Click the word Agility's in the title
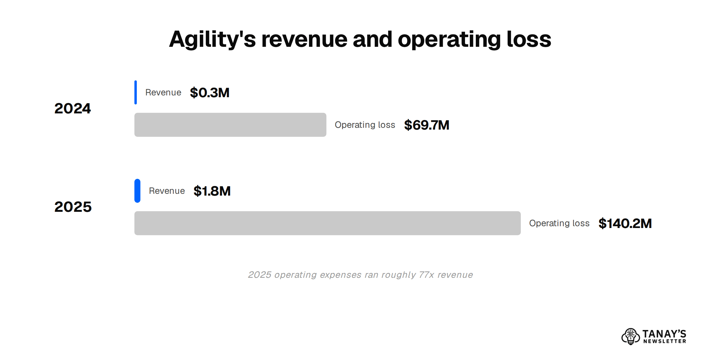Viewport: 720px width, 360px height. coord(212,39)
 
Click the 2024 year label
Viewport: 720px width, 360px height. coord(73,108)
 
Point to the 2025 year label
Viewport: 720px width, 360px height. coord(73,207)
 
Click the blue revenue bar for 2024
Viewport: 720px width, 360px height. coord(136,92)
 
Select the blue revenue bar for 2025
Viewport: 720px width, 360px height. coord(137,191)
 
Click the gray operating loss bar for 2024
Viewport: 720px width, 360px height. coord(230,125)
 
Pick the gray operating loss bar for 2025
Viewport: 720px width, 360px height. coord(328,223)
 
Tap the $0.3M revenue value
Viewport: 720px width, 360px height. coord(210,92)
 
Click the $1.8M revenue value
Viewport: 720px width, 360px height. coord(212,191)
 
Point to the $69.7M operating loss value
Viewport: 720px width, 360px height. coord(427,125)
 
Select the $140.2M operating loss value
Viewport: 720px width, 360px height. coord(625,223)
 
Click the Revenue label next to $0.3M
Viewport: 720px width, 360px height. coord(163,92)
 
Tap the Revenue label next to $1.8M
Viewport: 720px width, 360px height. coord(167,191)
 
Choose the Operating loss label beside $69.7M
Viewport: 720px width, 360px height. coord(365,125)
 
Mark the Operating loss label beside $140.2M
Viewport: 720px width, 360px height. coord(559,223)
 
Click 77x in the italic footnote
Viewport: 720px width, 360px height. coord(426,275)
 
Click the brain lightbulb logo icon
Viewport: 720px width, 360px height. coord(631,336)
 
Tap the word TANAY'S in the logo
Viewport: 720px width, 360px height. coord(664,334)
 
